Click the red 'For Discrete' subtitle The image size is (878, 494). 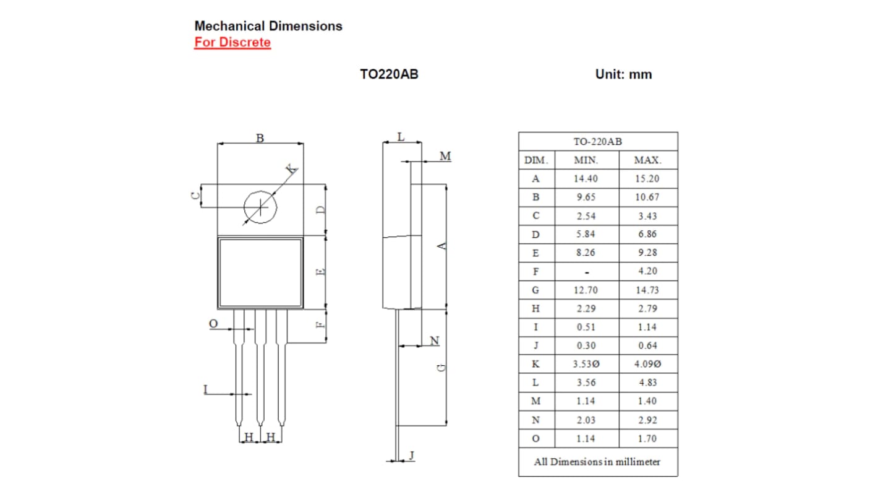(232, 43)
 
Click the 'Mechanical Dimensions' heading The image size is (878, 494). (268, 26)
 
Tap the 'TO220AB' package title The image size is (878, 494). (389, 74)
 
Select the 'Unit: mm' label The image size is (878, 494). (623, 74)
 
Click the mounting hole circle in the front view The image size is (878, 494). (260, 207)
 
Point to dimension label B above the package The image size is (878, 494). (260, 138)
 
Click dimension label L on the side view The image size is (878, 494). (401, 137)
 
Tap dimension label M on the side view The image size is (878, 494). (445, 157)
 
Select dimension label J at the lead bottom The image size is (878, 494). (412, 456)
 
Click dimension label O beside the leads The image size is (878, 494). (213, 324)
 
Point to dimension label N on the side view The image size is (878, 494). (434, 341)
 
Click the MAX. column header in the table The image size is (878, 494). (647, 160)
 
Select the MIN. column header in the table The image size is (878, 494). (586, 160)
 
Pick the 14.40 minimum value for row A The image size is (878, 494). (586, 179)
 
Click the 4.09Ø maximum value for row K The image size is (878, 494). (647, 364)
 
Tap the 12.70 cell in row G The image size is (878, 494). (586, 290)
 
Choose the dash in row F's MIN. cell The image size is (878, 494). (586, 272)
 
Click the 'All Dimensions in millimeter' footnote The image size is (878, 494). (597, 462)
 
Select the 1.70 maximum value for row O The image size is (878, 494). (647, 438)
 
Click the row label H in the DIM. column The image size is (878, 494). (536, 308)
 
